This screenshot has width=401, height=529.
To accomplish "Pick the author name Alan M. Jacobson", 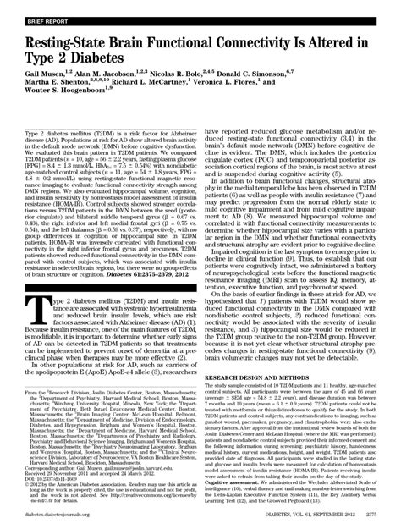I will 111,75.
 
